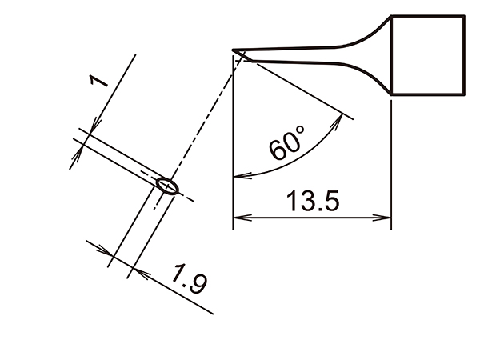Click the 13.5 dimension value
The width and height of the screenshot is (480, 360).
[x=314, y=200]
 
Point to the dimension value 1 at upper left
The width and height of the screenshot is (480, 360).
[x=98, y=84]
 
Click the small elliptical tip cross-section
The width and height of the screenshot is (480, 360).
[x=167, y=186]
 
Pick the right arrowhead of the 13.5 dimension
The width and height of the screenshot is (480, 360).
[x=385, y=217]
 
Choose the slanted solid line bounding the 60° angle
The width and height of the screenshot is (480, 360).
[x=296, y=87]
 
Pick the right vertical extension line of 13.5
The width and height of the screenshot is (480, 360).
[x=391, y=160]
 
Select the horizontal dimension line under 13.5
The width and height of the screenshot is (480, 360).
[x=312, y=217]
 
